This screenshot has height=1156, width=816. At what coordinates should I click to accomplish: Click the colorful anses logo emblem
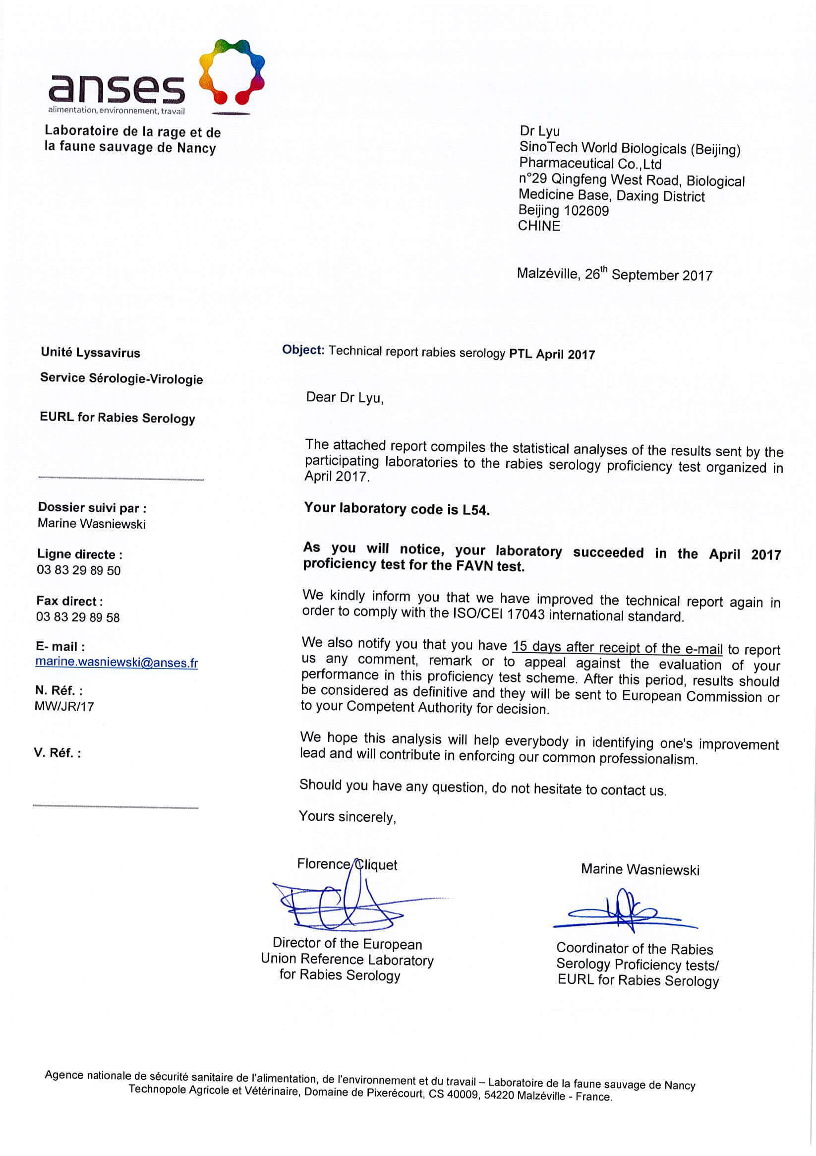[232, 71]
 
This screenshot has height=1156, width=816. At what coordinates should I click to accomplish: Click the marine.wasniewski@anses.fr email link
[117, 662]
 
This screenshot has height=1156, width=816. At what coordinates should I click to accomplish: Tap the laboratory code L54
[475, 510]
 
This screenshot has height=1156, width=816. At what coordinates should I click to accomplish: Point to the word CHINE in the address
[539, 226]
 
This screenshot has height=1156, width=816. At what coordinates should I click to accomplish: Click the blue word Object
[302, 350]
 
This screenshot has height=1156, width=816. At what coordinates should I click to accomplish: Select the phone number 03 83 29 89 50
[78, 570]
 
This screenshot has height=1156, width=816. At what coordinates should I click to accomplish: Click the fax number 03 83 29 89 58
[78, 617]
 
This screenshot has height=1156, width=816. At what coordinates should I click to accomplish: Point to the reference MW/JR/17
[64, 706]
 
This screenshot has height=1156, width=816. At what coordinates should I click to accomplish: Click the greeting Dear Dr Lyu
[345, 398]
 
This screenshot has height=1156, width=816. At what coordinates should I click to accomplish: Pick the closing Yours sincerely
[348, 816]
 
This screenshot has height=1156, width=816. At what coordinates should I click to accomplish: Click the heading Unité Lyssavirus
[91, 353]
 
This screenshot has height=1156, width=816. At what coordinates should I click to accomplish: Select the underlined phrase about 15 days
[617, 647]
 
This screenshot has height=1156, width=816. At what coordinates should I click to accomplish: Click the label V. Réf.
[57, 753]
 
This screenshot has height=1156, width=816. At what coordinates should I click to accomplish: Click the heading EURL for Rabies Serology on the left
[117, 418]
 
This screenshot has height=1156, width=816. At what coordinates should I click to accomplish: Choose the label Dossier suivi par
[92, 507]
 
